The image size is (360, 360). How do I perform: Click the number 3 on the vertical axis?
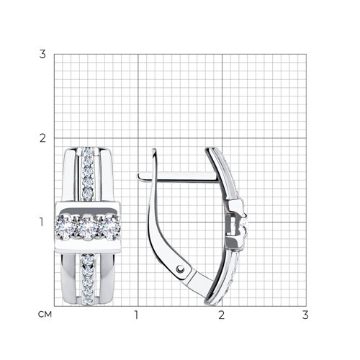coord(42,54)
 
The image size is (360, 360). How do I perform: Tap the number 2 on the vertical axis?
coord(42,138)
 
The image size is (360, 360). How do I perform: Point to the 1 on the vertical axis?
coord(42,222)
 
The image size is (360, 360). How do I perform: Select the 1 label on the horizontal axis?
coord(137,315)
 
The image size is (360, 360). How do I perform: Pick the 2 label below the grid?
coord(222,315)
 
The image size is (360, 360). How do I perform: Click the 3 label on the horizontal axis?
coord(305,315)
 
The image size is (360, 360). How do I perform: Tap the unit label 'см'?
coord(45,315)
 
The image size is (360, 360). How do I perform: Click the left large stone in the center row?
coord(66,228)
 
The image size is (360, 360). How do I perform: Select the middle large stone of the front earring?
coord(88,228)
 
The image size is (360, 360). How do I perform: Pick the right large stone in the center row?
coord(109,228)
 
